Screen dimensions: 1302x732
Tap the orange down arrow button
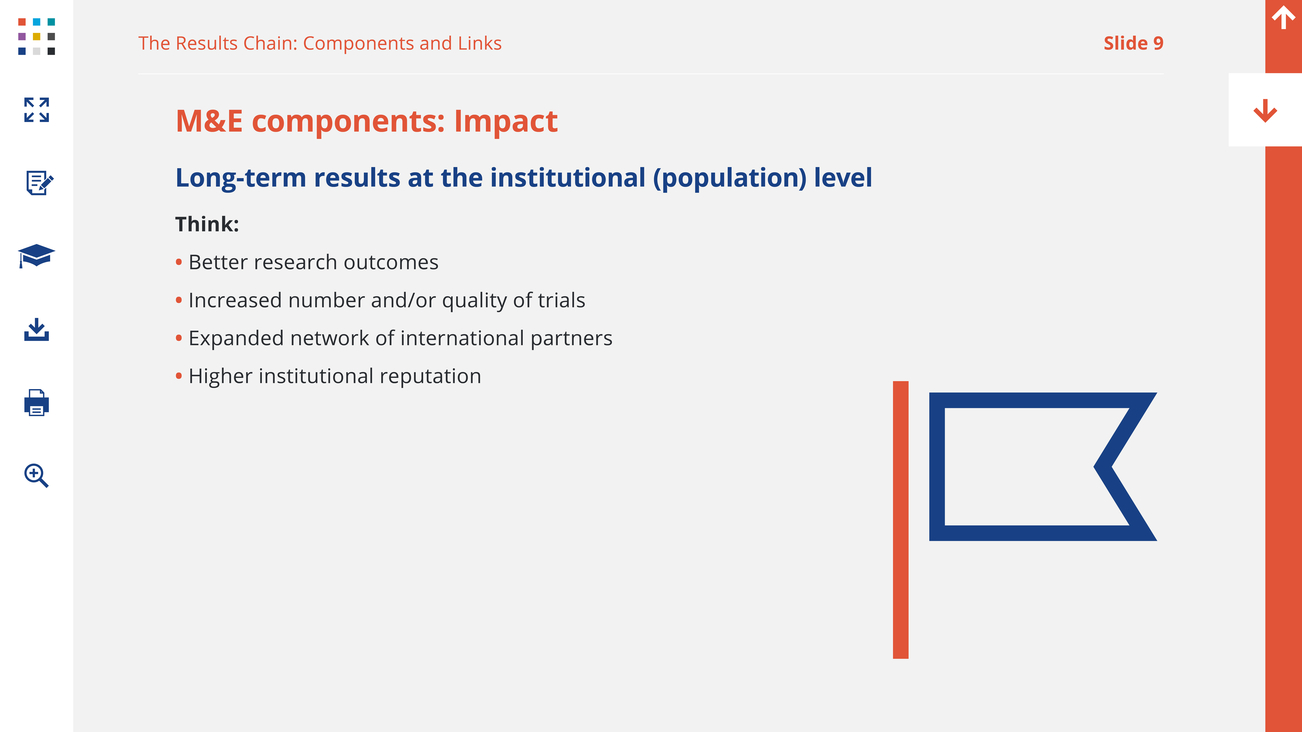[x=1265, y=111]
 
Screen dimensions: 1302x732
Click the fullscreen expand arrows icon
[x=36, y=110]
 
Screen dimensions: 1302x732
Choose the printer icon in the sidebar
[x=36, y=403]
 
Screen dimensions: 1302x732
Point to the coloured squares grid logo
[x=36, y=36]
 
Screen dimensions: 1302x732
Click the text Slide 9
[x=1133, y=43]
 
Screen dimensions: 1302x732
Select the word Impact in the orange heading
[x=506, y=122]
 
